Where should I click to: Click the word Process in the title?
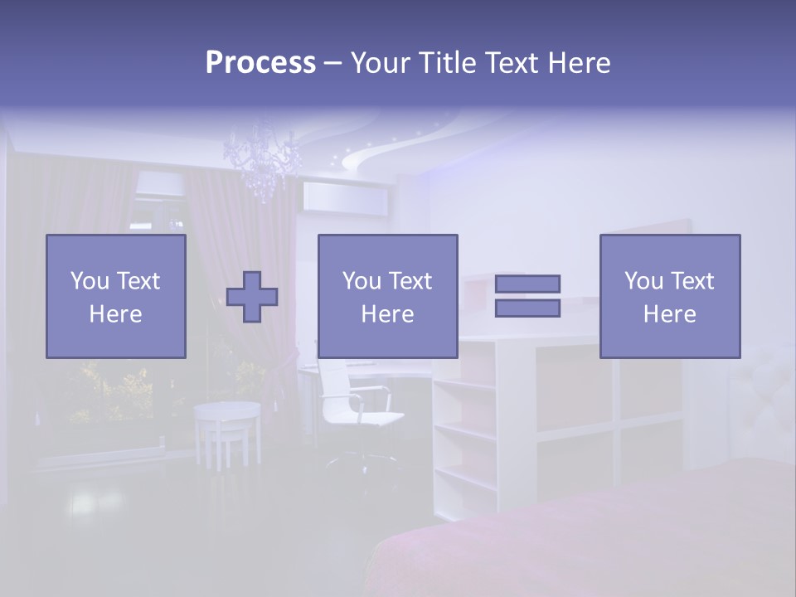click(260, 63)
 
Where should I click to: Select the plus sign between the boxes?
click(252, 297)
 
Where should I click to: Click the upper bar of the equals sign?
click(527, 284)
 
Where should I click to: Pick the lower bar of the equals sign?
click(527, 308)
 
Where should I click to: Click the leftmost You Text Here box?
click(115, 296)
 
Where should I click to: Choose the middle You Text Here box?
click(387, 296)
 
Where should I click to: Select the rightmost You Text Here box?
click(669, 296)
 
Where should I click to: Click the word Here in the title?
click(580, 63)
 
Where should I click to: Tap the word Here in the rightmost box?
click(669, 313)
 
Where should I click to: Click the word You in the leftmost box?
click(90, 281)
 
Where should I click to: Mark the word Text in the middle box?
click(410, 281)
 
